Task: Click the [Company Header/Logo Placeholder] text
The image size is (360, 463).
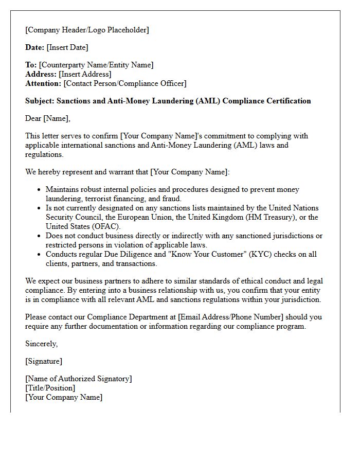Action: pos(87,30)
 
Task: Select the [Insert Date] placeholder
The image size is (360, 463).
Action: pos(67,47)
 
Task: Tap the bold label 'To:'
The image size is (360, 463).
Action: pos(31,65)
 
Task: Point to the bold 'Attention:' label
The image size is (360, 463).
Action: pos(43,83)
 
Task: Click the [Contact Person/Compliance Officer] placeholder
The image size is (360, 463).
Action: pos(125,83)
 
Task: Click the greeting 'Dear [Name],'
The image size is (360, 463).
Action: pos(48,118)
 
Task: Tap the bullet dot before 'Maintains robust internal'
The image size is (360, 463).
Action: pos(39,190)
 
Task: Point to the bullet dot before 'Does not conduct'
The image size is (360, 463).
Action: pos(39,236)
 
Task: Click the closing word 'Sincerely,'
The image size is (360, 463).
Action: pos(42,344)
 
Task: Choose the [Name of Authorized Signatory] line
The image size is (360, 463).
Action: pos(79,379)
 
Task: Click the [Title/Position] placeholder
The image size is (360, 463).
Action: pos(50,388)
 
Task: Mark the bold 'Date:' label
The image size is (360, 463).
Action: pos(35,47)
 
